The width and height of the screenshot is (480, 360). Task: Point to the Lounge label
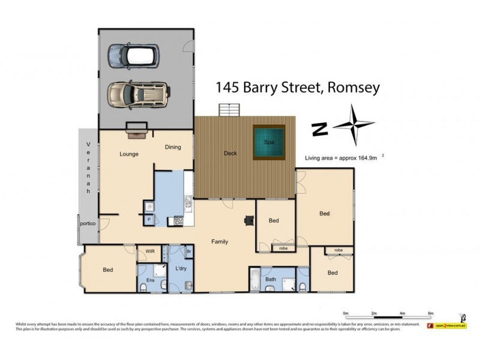(128, 154)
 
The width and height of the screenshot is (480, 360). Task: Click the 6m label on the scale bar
(430, 313)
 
